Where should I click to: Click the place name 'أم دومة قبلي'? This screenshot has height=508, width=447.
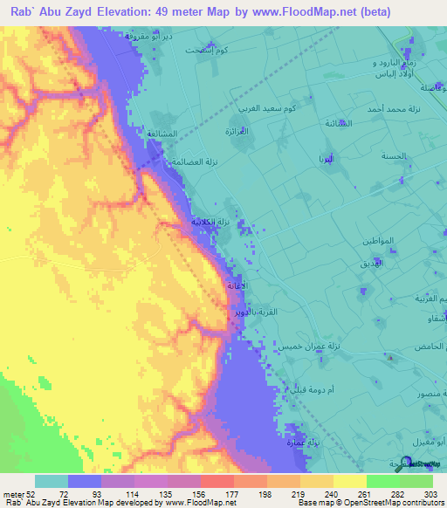pyautogui.click(x=311, y=387)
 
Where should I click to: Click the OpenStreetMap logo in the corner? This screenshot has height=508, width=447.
pyautogui.click(x=421, y=464)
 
